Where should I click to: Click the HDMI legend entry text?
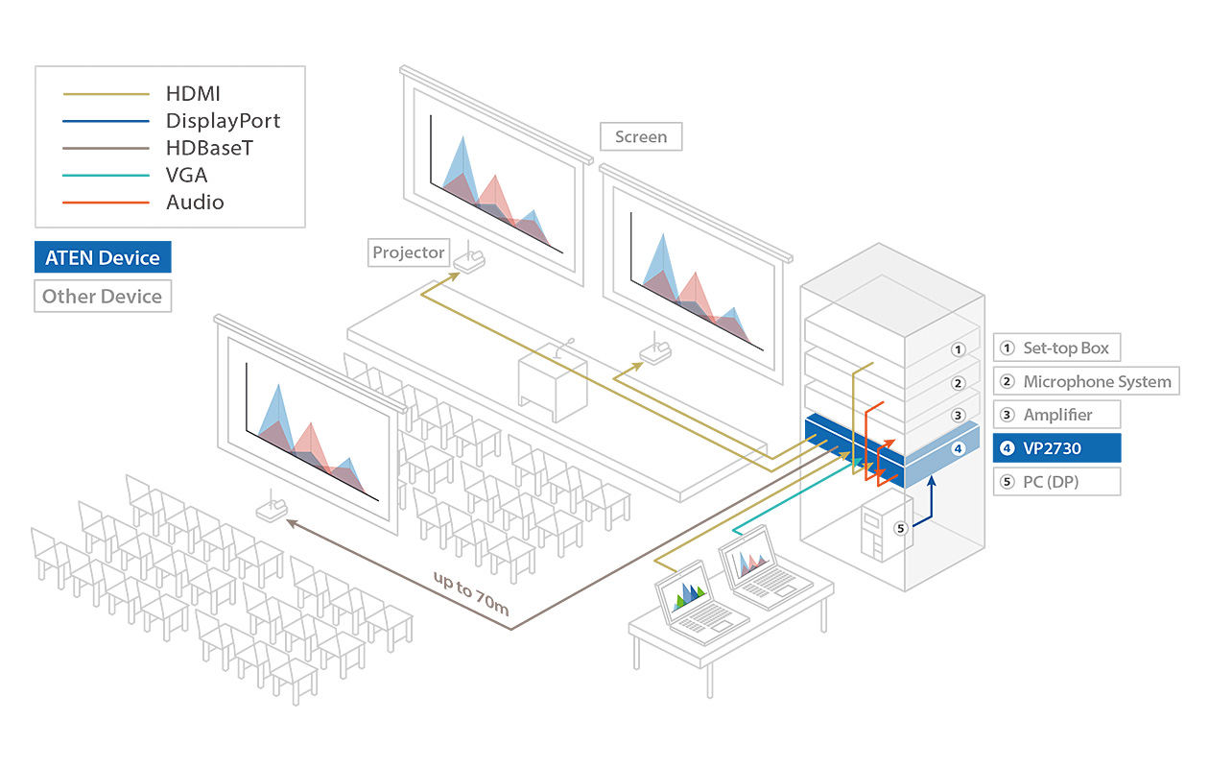193,94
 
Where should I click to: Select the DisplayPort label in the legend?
223,121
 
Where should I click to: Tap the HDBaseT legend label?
209,148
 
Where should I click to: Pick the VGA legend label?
186,175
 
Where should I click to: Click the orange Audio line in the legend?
106,203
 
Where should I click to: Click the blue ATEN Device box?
103,257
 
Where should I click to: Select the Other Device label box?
103,296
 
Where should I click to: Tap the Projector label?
409,252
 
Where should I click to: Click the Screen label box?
641,136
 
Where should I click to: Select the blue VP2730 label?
1056,448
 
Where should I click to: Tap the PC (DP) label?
1056,482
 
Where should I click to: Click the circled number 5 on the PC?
900,527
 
